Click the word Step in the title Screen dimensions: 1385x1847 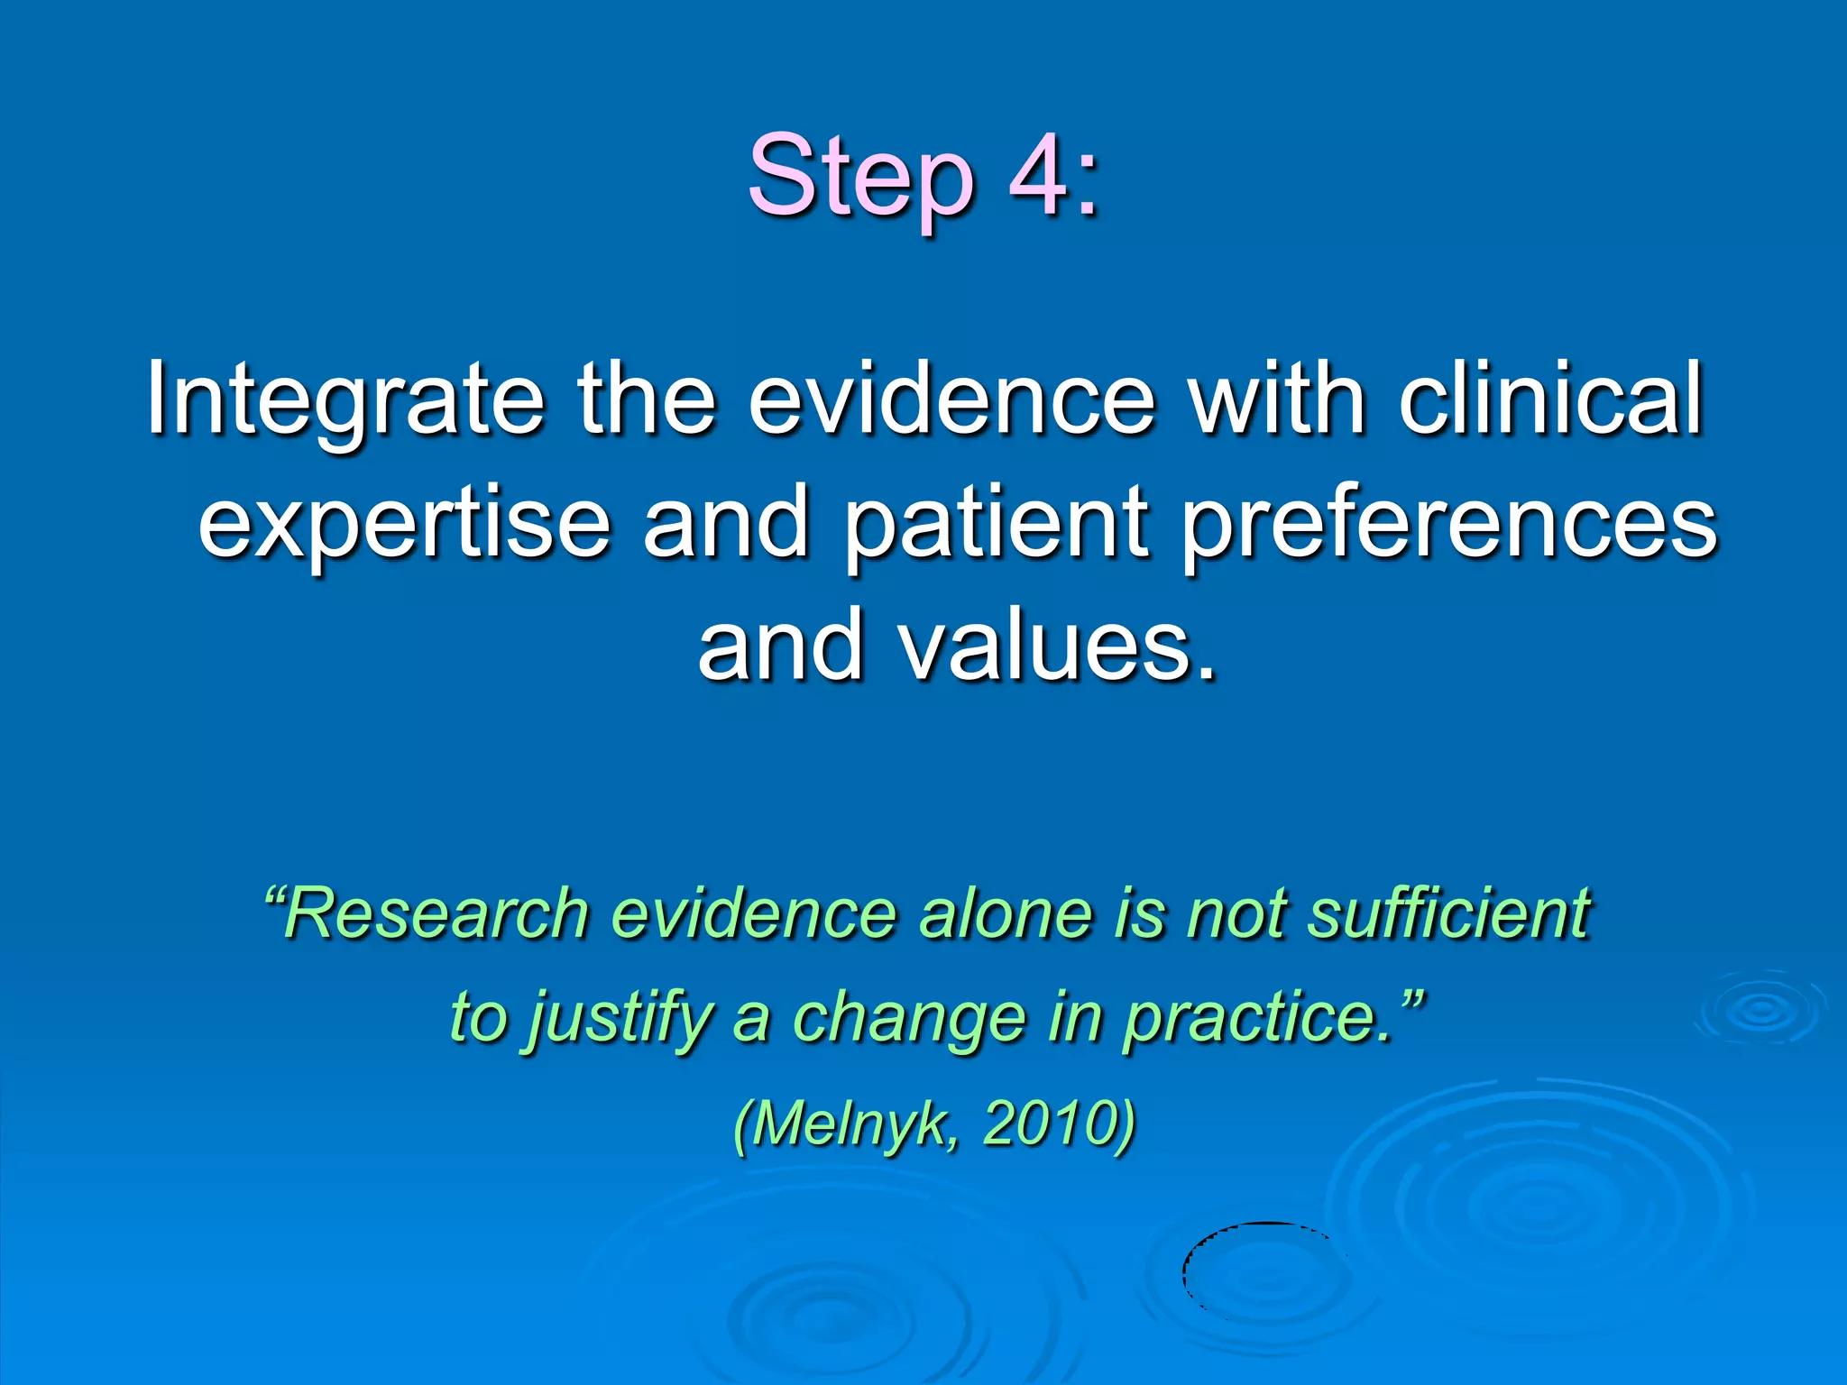tap(861, 178)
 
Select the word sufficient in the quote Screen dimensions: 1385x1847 tap(1450, 913)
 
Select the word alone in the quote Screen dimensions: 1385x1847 tap(1006, 913)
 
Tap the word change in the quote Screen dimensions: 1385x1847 tap(909, 1017)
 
